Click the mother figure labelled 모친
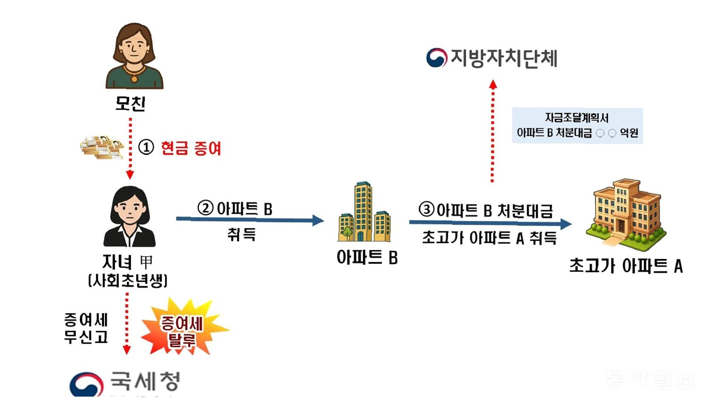134,56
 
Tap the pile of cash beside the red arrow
102,147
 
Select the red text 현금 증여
190,148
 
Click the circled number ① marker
146,147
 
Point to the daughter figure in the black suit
129,217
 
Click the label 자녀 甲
127,262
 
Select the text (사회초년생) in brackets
128,281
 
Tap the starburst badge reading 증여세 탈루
182,329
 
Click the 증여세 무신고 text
86,328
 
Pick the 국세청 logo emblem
86,385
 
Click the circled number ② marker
205,208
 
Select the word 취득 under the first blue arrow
241,234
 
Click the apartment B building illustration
364,213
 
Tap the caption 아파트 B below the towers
367,257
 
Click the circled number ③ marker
426,209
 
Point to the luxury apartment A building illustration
626,210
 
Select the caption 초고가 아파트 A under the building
626,266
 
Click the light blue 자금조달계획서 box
577,126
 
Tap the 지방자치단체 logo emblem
436,58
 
